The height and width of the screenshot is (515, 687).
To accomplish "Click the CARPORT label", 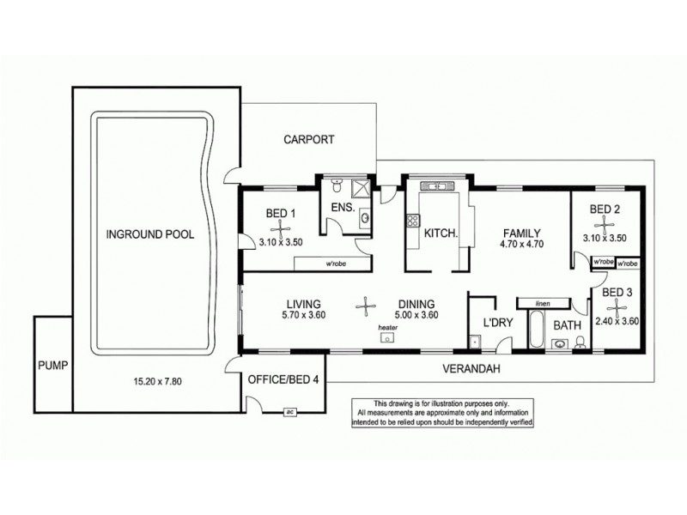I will click(x=309, y=139).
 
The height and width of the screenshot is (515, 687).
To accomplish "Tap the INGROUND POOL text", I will click(x=150, y=233).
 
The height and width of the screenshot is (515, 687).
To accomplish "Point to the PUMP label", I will click(x=52, y=365).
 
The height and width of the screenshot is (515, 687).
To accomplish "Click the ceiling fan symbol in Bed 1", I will click(x=279, y=227).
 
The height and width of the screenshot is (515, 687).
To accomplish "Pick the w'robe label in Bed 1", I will click(x=310, y=263).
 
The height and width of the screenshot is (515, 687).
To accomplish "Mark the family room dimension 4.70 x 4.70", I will click(x=521, y=245).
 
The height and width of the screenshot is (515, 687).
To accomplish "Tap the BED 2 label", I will click(x=605, y=209).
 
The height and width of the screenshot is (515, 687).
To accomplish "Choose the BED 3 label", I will click(x=617, y=293).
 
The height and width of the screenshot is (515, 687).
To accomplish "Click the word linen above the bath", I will click(x=542, y=303).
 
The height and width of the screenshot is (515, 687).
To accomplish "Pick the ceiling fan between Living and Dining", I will click(x=367, y=304).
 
